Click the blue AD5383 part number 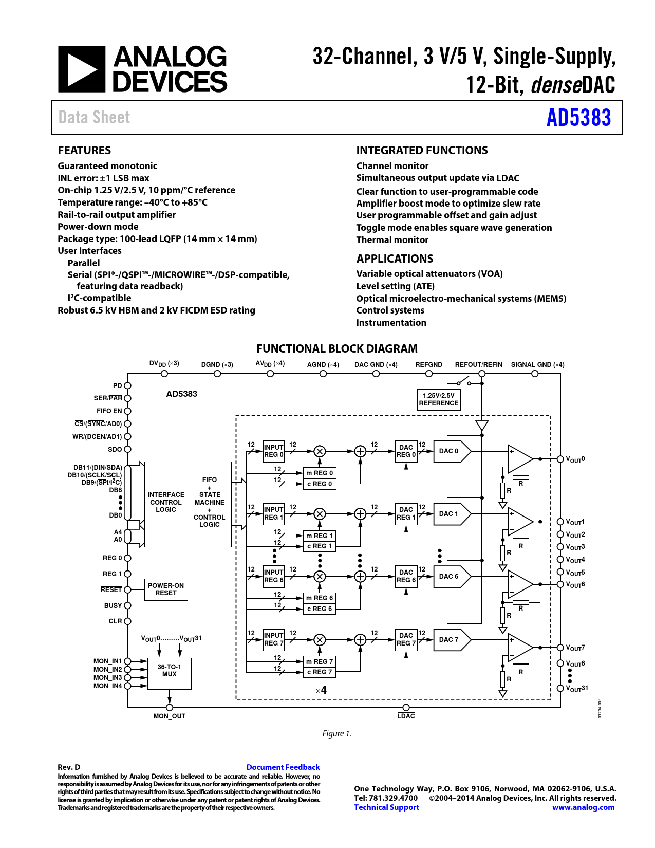578,118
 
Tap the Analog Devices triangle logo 82,69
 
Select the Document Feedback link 283,767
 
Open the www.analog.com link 583,807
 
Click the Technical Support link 386,807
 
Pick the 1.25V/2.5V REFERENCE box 439,400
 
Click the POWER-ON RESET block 166,589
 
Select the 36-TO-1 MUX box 170,674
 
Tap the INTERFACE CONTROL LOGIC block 166,504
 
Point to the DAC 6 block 452,577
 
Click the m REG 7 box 320,661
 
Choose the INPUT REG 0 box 273,451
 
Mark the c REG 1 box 320,546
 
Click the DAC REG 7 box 406,640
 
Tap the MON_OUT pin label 170,716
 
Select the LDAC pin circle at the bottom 406,707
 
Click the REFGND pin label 429,364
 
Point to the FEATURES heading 84,150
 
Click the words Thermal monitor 392,240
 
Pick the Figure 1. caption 336,734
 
